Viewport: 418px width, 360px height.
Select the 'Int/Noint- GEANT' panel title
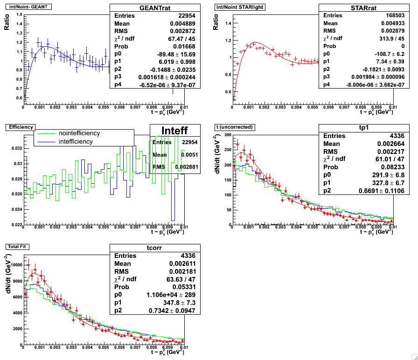[x=28, y=7]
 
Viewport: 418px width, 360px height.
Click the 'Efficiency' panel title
[x=18, y=126]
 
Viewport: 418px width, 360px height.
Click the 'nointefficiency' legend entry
[x=79, y=133]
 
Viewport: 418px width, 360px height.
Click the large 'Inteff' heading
[x=174, y=131]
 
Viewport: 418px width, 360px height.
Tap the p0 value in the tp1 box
[x=376, y=175]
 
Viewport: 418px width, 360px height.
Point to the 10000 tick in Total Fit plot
[x=15, y=265]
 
